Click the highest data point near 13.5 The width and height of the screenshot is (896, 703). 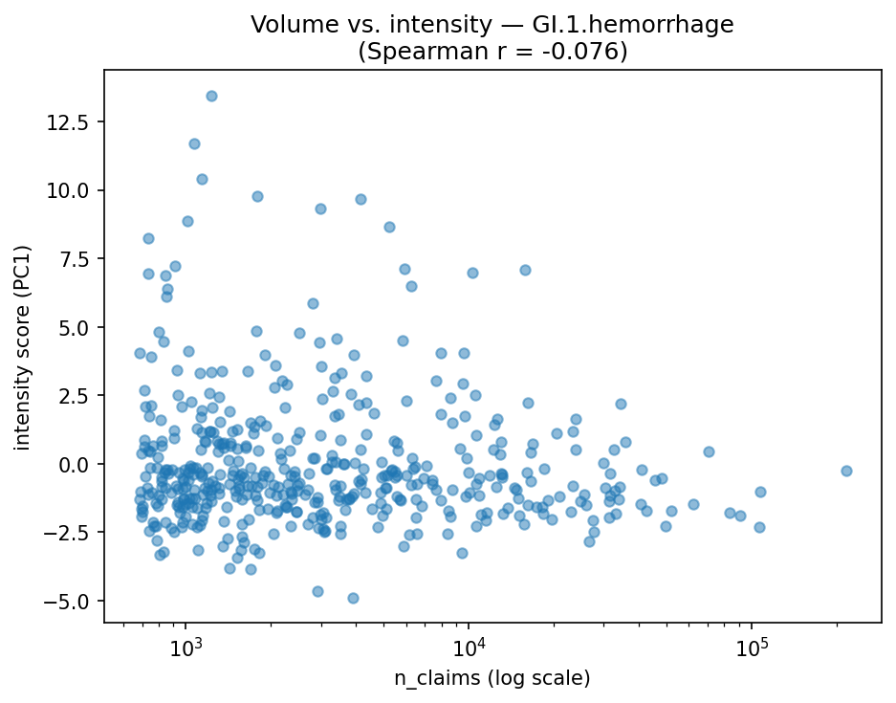click(x=211, y=96)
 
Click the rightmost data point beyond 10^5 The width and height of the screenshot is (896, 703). click(x=846, y=471)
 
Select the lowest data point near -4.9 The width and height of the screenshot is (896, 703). click(x=353, y=598)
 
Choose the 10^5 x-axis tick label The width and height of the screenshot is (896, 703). click(x=752, y=648)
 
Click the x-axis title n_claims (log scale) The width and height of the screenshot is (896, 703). click(x=492, y=678)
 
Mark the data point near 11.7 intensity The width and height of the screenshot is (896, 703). click(x=194, y=143)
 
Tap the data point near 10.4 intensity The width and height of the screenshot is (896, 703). click(x=202, y=179)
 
